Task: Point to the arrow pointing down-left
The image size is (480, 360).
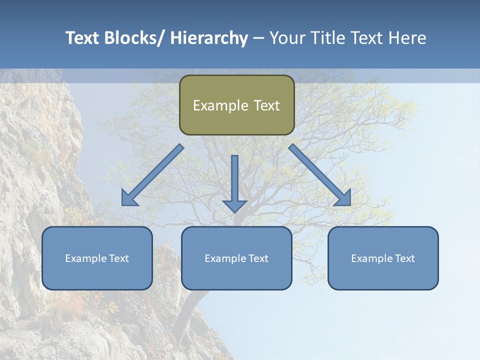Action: [153, 175]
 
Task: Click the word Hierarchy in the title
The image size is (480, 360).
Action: [209, 38]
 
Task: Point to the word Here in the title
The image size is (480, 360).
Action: [408, 38]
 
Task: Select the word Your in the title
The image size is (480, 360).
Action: [286, 38]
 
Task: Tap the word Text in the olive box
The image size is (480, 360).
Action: [266, 105]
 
